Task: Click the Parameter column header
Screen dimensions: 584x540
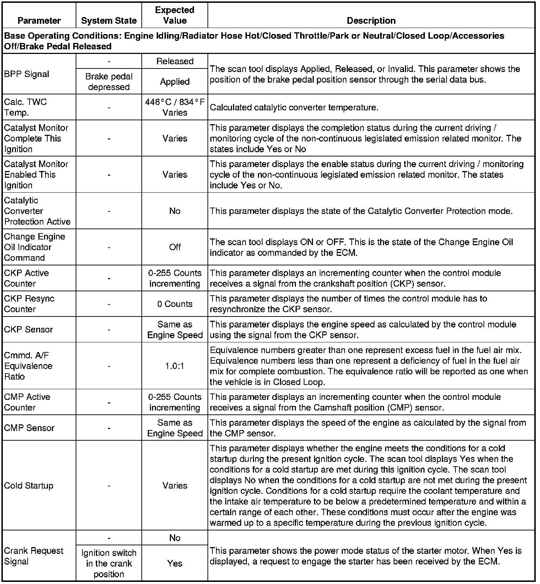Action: pyautogui.click(x=39, y=21)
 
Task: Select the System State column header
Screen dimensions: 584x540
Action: pyautogui.click(x=109, y=21)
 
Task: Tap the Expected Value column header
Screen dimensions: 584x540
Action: pyautogui.click(x=175, y=15)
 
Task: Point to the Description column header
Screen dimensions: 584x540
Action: pyautogui.click(x=371, y=21)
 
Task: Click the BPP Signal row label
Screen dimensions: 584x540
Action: pyautogui.click(x=27, y=74)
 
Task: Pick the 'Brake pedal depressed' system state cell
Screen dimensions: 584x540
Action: pyautogui.click(x=109, y=82)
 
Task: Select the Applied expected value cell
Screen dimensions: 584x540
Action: pyautogui.click(x=175, y=82)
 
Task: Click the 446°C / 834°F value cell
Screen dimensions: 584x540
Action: pyautogui.click(x=175, y=107)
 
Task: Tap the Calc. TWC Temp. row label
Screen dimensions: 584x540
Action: pyautogui.click(x=26, y=107)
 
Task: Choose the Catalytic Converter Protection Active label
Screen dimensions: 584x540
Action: pyautogui.click(x=37, y=211)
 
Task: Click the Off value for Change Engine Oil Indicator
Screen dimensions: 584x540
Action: pyautogui.click(x=175, y=247)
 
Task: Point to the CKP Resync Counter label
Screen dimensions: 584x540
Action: pyautogui.click(x=29, y=304)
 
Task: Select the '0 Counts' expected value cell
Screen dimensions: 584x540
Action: pyautogui.click(x=175, y=304)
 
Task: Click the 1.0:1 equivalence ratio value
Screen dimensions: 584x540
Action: pyautogui.click(x=175, y=366)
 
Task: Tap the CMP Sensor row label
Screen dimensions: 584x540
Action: pyautogui.click(x=29, y=428)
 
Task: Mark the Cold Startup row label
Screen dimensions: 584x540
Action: pyautogui.click(x=29, y=485)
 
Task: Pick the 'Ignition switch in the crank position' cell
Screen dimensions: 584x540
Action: pyautogui.click(x=109, y=563)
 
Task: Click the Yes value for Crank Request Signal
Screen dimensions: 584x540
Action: pyautogui.click(x=175, y=563)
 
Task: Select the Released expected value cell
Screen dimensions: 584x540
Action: pyautogui.click(x=175, y=61)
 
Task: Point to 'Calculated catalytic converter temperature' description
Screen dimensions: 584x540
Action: pyautogui.click(x=294, y=107)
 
